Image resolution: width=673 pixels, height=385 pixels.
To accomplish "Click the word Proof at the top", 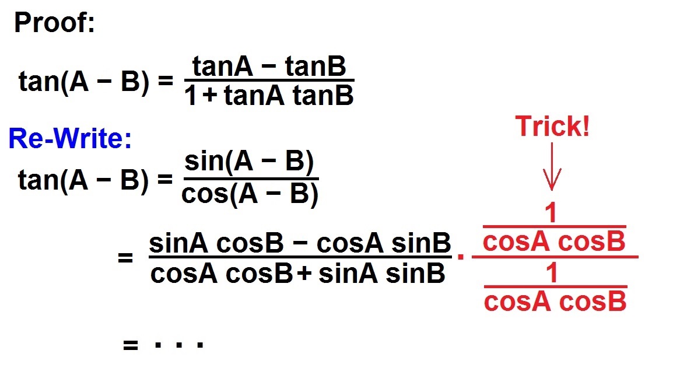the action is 54,23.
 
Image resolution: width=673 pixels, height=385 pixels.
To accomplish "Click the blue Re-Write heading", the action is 70,139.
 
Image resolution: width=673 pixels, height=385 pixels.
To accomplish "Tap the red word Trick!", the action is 552,127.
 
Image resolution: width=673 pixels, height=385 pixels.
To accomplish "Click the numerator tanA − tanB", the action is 269,68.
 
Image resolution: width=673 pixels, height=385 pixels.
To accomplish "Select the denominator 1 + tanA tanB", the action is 269,95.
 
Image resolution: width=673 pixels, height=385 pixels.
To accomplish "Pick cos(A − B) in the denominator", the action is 250,195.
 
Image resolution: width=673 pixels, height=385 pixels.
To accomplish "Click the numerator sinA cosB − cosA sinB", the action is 300,243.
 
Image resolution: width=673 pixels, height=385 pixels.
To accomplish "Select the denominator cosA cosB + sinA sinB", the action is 298,273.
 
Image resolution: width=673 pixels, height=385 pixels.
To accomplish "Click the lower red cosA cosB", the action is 555,302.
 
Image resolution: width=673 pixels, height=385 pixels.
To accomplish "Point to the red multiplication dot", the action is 461,257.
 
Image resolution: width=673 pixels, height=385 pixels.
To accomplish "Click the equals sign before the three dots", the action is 130,345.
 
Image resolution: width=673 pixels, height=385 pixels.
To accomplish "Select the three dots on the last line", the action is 178,345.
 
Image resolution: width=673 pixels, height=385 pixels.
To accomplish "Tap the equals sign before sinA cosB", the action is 125,258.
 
